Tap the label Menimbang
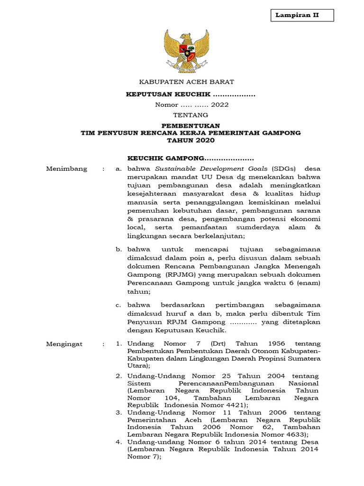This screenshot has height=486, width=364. [67, 169]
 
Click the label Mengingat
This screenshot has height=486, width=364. [64, 344]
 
